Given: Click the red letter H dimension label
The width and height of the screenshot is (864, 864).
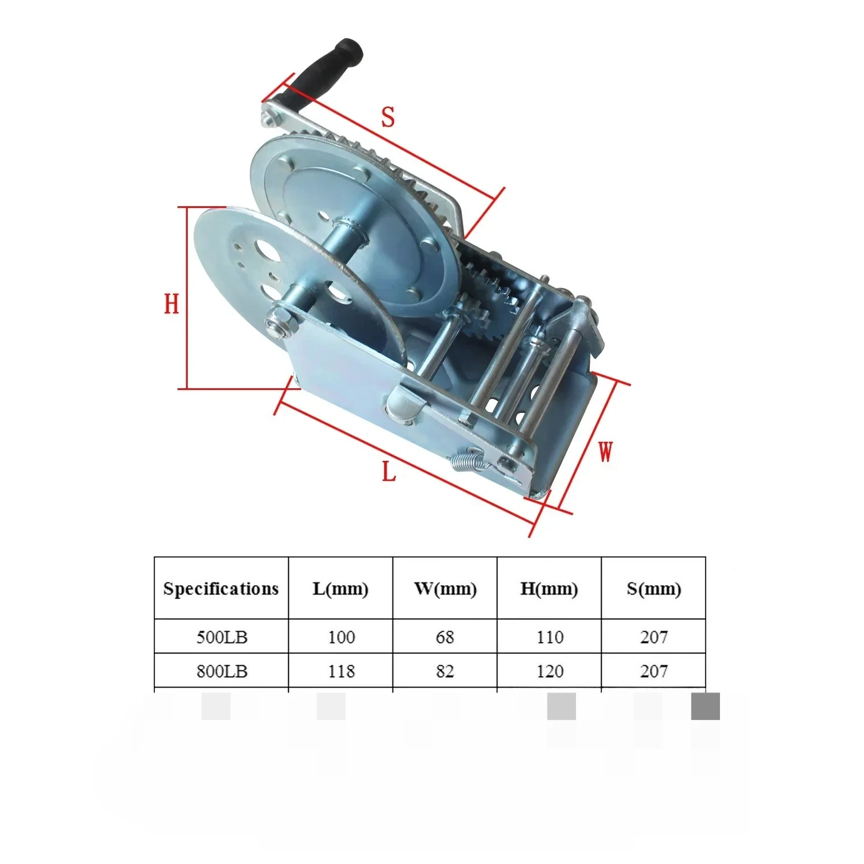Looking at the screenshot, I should (172, 304).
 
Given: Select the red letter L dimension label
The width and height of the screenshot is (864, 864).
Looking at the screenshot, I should (389, 472).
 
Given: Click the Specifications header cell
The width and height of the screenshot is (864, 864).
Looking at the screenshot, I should (221, 589).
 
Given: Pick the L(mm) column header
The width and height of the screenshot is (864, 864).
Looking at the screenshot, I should (340, 589).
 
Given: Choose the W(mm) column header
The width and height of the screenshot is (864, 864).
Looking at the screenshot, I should (445, 589).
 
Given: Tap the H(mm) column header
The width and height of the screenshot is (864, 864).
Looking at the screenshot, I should (549, 589).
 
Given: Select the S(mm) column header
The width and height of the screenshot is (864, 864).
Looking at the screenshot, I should (654, 589).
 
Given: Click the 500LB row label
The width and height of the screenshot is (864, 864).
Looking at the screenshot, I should (222, 637).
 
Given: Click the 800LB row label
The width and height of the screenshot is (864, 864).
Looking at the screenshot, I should (222, 671).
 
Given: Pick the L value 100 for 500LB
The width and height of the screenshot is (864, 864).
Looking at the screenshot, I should (341, 637).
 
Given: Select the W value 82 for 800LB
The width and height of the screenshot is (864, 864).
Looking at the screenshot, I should (445, 671).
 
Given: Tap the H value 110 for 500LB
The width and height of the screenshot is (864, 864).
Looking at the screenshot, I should (550, 637).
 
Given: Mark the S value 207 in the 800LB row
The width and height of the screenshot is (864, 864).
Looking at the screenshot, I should (654, 671).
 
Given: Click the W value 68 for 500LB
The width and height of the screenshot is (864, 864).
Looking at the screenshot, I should (445, 637).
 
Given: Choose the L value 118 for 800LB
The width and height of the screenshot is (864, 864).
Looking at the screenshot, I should (341, 671).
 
